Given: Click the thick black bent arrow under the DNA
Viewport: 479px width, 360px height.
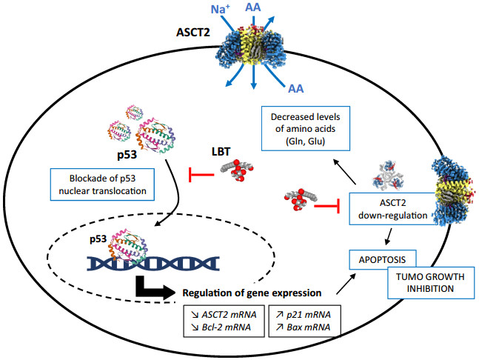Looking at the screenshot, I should click(x=161, y=288).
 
